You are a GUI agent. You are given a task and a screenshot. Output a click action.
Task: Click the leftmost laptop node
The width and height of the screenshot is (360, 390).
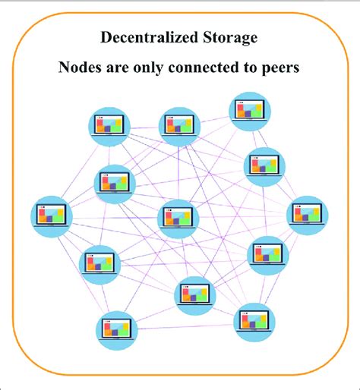coord(51,215)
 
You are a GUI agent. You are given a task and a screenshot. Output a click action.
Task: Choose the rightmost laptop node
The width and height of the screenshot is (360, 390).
coord(308,215)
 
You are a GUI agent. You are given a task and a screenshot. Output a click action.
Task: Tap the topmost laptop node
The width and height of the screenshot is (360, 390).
coord(249,111)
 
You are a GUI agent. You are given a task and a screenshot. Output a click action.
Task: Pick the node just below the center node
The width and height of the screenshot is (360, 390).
coord(195,295)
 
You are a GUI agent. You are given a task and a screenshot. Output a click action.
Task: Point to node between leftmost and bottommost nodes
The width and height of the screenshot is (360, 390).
coord(99,263)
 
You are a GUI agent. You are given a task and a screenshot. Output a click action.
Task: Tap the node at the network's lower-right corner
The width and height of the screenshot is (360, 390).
coord(253,322)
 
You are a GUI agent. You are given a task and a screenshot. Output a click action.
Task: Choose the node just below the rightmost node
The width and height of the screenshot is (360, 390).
coord(269,256)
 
